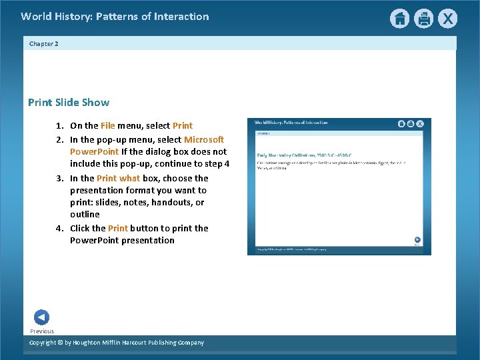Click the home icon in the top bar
(x=399, y=19)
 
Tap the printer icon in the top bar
(x=423, y=19)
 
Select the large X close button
(x=447, y=19)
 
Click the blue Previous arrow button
(x=41, y=317)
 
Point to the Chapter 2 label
(x=44, y=43)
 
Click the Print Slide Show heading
(x=69, y=103)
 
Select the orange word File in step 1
(x=108, y=125)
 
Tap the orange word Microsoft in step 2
(x=204, y=139)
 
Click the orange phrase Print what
(x=118, y=178)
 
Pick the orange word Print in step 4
(x=118, y=228)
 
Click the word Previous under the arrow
(x=42, y=331)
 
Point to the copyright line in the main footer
(x=117, y=343)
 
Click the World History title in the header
(x=115, y=17)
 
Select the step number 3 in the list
(x=59, y=178)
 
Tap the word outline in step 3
(x=85, y=214)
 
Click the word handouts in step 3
(x=173, y=202)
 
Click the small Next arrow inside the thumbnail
(x=417, y=240)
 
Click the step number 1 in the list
(x=59, y=125)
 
